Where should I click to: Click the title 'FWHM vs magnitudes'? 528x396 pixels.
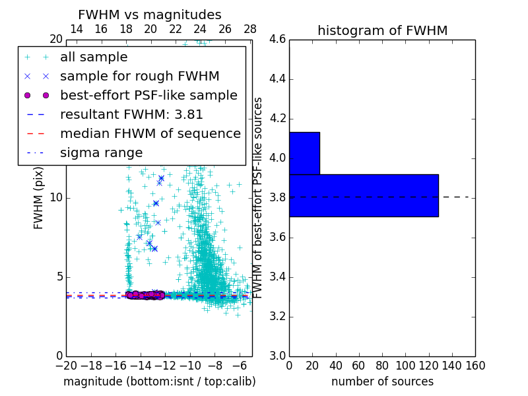tap(150, 15)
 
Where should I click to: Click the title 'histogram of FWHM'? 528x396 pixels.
tap(382, 30)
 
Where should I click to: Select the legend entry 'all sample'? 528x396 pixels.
tap(94, 57)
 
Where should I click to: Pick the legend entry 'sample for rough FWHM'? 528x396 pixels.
tap(139, 76)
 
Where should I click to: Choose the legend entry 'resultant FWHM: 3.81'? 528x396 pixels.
tap(131, 114)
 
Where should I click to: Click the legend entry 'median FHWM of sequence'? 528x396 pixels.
tap(150, 133)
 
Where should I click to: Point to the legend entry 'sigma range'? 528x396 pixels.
tap(101, 152)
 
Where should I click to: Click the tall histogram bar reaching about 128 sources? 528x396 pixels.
tap(364, 195)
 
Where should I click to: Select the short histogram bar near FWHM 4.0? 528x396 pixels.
tap(304, 153)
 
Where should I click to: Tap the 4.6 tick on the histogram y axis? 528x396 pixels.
tap(277, 40)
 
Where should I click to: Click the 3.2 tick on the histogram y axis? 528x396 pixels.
tap(277, 317)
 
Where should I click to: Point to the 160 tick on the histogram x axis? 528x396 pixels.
tap(475, 365)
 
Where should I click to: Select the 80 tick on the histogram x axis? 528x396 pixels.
tap(382, 365)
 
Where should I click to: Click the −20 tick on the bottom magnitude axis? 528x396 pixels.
tap(66, 365)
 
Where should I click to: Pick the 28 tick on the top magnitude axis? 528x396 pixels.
tap(250, 29)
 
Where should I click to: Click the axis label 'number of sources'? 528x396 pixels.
tap(382, 381)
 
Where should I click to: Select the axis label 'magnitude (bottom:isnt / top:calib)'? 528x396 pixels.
tap(159, 381)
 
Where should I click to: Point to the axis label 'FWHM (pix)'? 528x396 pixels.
tap(39, 198)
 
